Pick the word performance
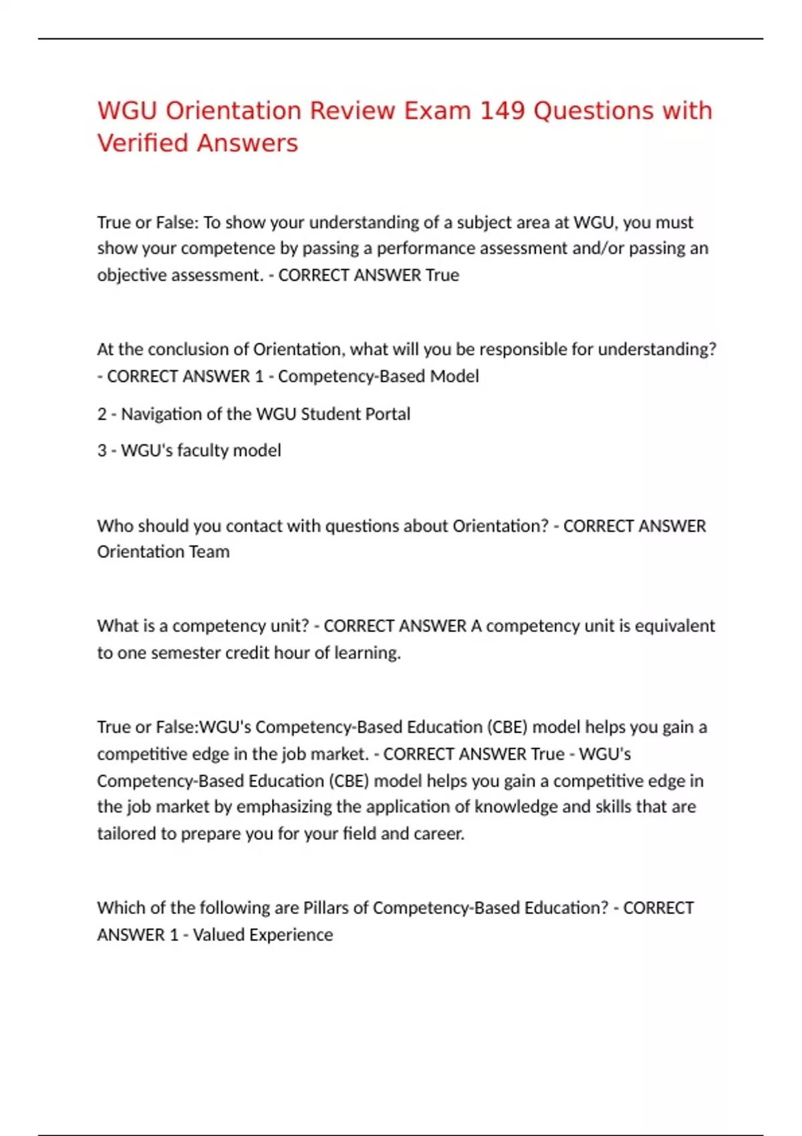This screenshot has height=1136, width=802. pyautogui.click(x=426, y=249)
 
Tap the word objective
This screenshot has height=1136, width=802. pyautogui.click(x=132, y=275)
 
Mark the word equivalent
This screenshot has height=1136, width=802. pyautogui.click(x=674, y=626)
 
